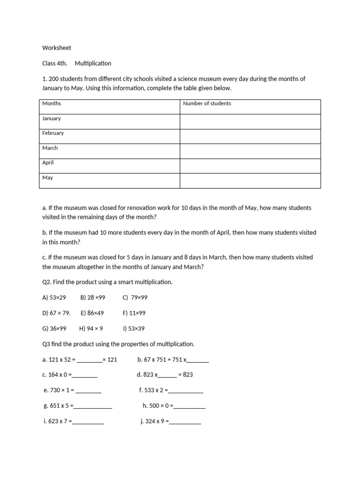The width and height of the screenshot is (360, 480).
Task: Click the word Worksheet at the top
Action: click(57, 48)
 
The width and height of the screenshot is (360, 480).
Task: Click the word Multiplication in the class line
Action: click(93, 63)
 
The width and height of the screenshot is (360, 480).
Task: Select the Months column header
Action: click(52, 104)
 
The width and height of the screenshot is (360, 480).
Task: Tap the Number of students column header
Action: click(207, 104)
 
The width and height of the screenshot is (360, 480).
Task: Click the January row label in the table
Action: click(52, 119)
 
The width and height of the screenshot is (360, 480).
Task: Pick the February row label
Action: click(53, 133)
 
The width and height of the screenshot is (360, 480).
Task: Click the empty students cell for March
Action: click(250, 151)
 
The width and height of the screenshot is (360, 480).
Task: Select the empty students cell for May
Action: click(250, 180)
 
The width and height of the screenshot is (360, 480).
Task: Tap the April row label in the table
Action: click(48, 163)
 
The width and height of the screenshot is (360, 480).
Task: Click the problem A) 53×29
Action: click(54, 298)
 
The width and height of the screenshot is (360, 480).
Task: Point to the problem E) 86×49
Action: click(92, 313)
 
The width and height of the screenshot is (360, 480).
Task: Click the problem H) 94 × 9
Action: click(91, 329)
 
